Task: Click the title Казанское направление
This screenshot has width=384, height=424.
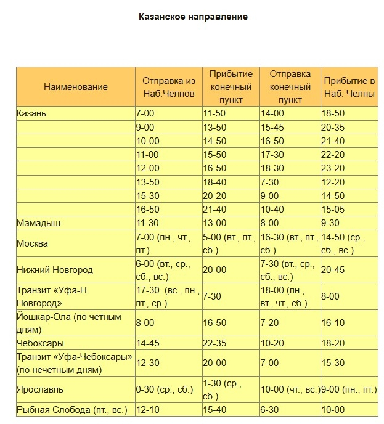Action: click(x=193, y=17)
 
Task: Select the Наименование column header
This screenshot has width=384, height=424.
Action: click(x=76, y=87)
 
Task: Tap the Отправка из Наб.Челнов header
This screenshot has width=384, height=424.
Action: click(x=168, y=87)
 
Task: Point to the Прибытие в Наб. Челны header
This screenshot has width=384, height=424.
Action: click(x=349, y=87)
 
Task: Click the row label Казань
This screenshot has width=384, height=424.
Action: click(x=31, y=114)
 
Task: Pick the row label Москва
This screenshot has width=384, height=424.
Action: click(x=32, y=243)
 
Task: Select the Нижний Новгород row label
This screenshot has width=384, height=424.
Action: click(x=55, y=270)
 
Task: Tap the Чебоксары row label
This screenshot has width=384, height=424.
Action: click(x=41, y=343)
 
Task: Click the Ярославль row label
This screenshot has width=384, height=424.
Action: click(x=40, y=389)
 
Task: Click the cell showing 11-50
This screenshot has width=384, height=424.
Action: click(x=216, y=114)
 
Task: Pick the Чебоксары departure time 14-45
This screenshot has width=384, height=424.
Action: click(x=149, y=343)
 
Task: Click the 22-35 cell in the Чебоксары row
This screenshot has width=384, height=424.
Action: click(x=216, y=343)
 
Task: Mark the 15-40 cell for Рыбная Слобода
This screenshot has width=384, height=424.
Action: click(x=216, y=410)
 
